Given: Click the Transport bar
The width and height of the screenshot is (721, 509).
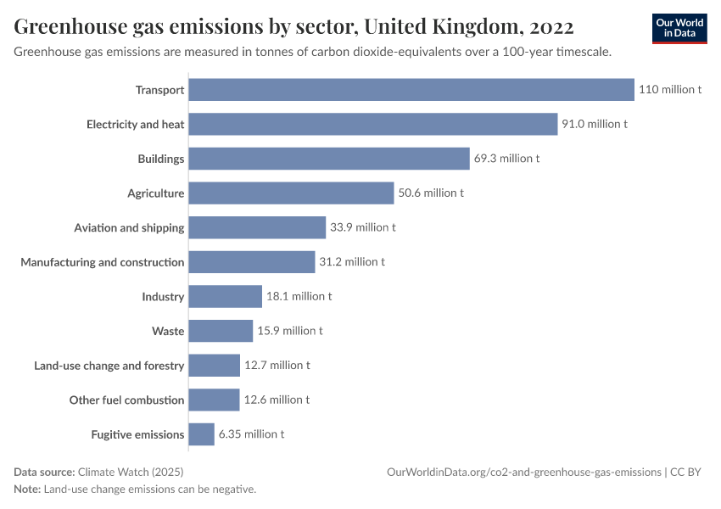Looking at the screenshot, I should [x=411, y=90].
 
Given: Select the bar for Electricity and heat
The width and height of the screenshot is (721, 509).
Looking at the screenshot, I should [x=372, y=124].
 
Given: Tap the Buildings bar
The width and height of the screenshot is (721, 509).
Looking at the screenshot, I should [x=329, y=159].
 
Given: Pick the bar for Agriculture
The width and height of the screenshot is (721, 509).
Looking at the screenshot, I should [x=291, y=193].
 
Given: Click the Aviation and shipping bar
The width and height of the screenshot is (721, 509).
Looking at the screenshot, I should [x=257, y=227].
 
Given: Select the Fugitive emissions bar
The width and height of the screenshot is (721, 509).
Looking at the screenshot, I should [x=201, y=434].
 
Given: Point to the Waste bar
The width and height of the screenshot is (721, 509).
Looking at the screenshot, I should [x=221, y=331].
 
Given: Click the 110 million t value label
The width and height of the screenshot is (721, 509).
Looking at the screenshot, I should [x=670, y=90].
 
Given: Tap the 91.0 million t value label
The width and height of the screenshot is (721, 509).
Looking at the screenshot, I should [x=595, y=124].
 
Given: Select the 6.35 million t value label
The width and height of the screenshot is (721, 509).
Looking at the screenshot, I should [x=251, y=434].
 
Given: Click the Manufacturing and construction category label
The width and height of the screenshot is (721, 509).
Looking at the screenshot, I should [x=103, y=262].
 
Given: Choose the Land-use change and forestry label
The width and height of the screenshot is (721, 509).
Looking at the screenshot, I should [x=109, y=366].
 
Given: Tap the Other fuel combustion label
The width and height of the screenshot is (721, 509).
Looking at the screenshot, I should [x=126, y=400].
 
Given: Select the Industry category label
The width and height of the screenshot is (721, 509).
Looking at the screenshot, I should [x=163, y=297].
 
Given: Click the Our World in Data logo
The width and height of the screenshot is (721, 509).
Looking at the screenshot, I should [x=679, y=28].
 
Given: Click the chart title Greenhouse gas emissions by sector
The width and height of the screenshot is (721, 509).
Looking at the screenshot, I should [x=293, y=27].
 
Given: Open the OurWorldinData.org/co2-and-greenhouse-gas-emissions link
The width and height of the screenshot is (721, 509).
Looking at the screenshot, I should [x=523, y=472].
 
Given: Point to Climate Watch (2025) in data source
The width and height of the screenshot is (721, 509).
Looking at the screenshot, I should [x=130, y=472].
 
